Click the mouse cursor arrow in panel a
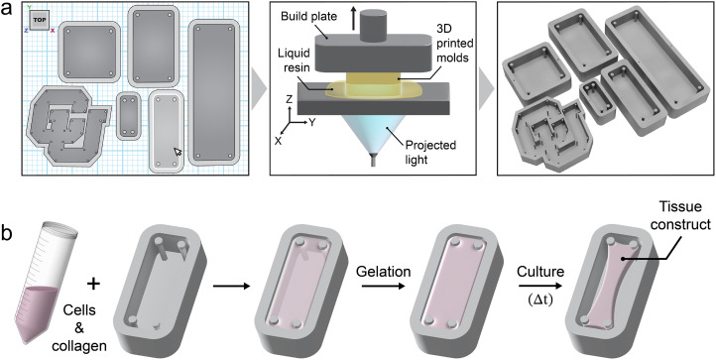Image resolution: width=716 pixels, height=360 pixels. [178, 152]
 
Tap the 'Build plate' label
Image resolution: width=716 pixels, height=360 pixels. [308, 17]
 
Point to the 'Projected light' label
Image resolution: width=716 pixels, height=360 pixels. [431, 151]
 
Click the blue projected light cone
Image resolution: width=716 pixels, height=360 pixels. [373, 133]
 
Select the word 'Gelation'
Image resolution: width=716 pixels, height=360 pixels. [384, 272]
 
